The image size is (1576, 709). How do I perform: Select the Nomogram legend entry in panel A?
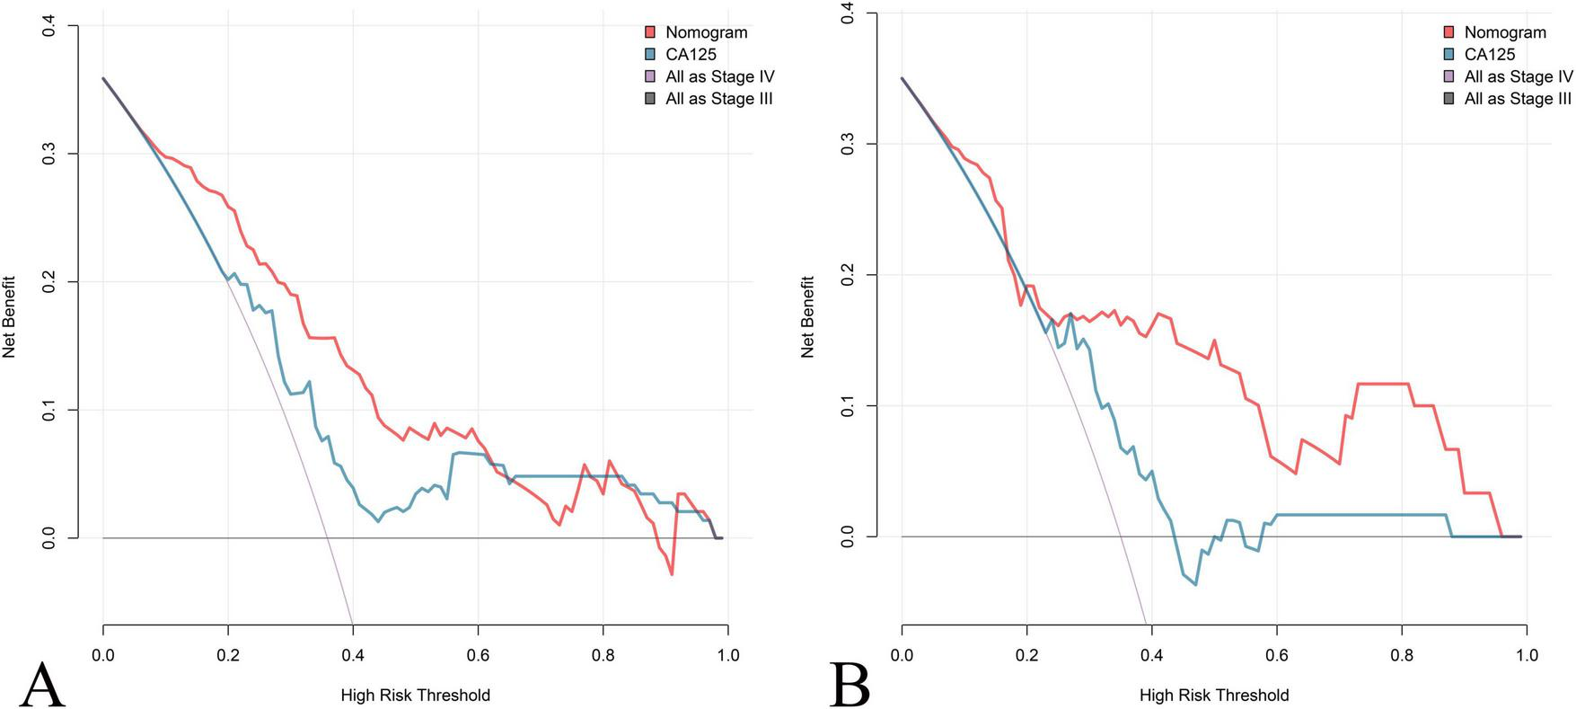pos(706,32)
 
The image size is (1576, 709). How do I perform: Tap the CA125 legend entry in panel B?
pos(1490,55)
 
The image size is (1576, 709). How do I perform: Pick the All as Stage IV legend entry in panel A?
pos(719,77)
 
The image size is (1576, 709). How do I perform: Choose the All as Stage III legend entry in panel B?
pos(1518,99)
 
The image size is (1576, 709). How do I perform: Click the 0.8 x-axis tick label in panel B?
pos(1402,655)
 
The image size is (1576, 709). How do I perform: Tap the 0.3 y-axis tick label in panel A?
pos(48,154)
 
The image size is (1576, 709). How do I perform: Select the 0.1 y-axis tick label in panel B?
pos(848,405)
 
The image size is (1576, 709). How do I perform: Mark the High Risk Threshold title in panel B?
pos(1214,695)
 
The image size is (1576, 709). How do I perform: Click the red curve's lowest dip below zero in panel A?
pos(672,573)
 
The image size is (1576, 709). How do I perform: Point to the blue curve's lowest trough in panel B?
pos(1195,585)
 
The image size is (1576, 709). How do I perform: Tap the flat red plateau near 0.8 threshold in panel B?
pos(1383,384)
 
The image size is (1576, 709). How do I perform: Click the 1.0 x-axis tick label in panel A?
pos(727,655)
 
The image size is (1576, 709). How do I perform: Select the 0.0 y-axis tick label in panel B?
pos(848,536)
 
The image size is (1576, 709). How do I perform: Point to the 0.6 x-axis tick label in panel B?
pos(1277,655)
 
